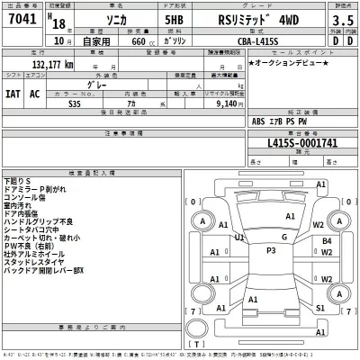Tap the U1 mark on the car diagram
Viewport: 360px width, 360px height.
pyautogui.click(x=238, y=238)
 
